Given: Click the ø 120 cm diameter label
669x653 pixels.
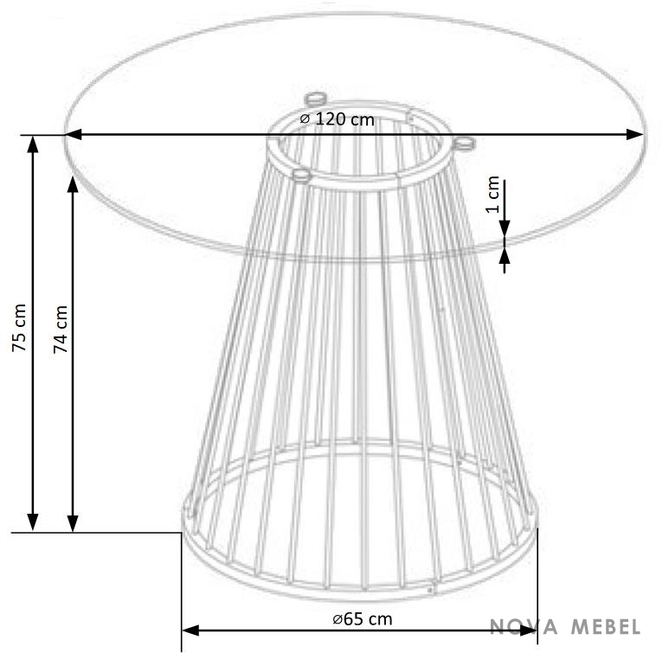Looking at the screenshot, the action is click(x=337, y=119).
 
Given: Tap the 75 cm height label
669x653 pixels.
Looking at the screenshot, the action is click(x=19, y=328).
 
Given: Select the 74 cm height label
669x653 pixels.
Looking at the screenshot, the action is click(x=61, y=329).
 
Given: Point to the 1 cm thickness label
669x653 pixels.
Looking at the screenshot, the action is click(x=492, y=194).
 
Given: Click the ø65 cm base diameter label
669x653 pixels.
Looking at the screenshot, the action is click(x=363, y=619).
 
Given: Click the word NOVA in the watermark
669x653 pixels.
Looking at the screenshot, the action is click(x=524, y=626).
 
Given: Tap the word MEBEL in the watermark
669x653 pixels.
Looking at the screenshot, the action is click(x=606, y=626).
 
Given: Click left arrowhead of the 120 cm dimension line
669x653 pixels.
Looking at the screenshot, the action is click(x=73, y=135).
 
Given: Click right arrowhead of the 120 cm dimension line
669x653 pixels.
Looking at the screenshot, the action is click(x=634, y=135).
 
